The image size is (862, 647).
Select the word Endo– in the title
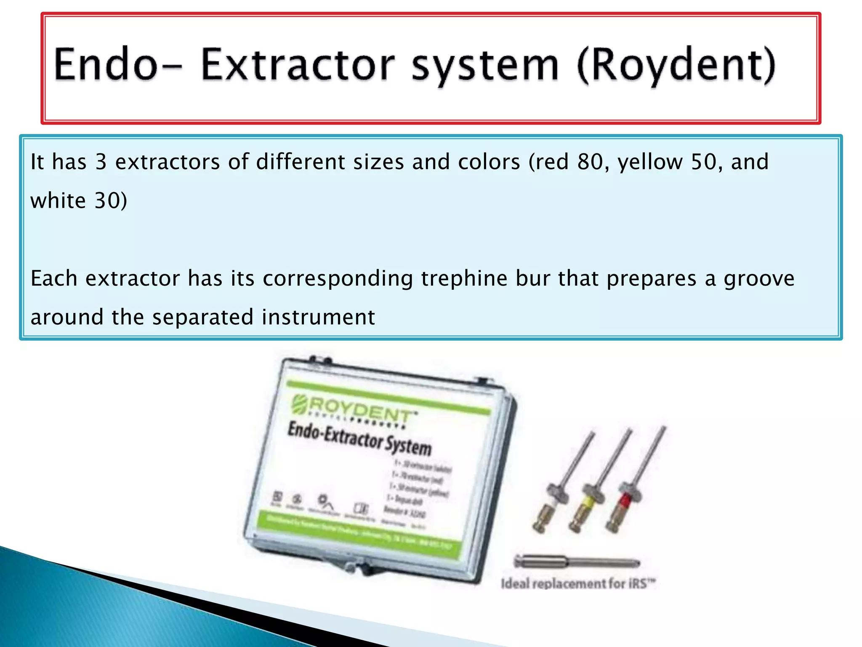coord(118,65)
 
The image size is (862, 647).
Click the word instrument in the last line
coord(318,317)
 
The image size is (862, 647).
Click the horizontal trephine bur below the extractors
coord(577,561)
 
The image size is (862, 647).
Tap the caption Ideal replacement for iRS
coord(577,584)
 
